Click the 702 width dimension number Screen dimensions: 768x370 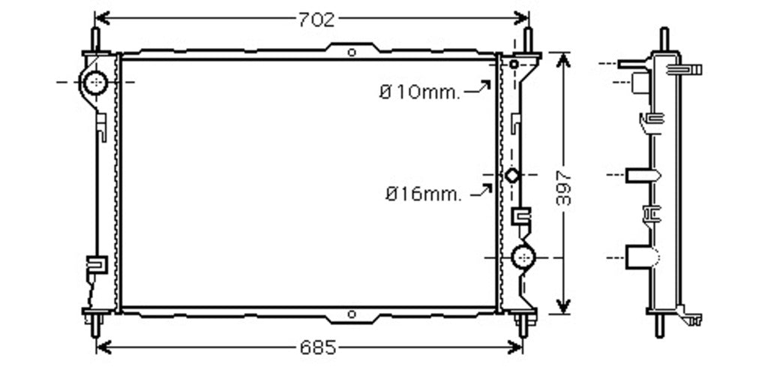tap(316, 20)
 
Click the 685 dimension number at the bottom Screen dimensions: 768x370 tap(318, 348)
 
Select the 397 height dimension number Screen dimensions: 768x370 tap(564, 187)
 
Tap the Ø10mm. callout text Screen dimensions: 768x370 tap(420, 92)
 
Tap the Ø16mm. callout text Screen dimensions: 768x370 tap(423, 194)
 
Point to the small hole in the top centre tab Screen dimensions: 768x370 tap(351, 53)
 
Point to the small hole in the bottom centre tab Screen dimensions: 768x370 tap(351, 314)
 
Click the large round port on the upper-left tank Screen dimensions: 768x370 tap(95, 83)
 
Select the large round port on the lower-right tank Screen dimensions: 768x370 tap(523, 257)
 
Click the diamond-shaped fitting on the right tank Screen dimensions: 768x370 tap(511, 175)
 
